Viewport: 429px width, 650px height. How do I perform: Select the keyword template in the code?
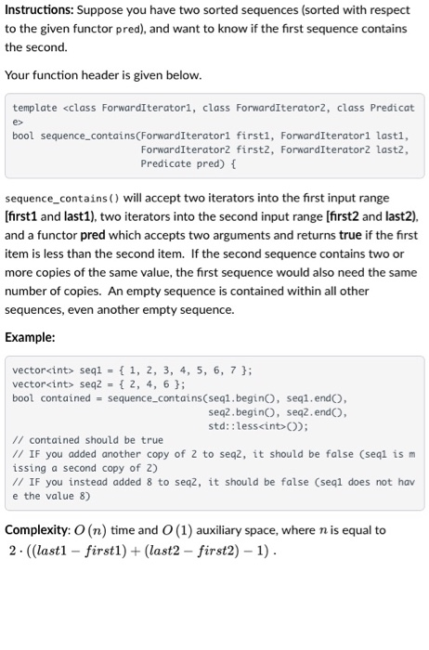[x=34, y=108]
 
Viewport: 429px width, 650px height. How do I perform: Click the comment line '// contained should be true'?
[x=87, y=440]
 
